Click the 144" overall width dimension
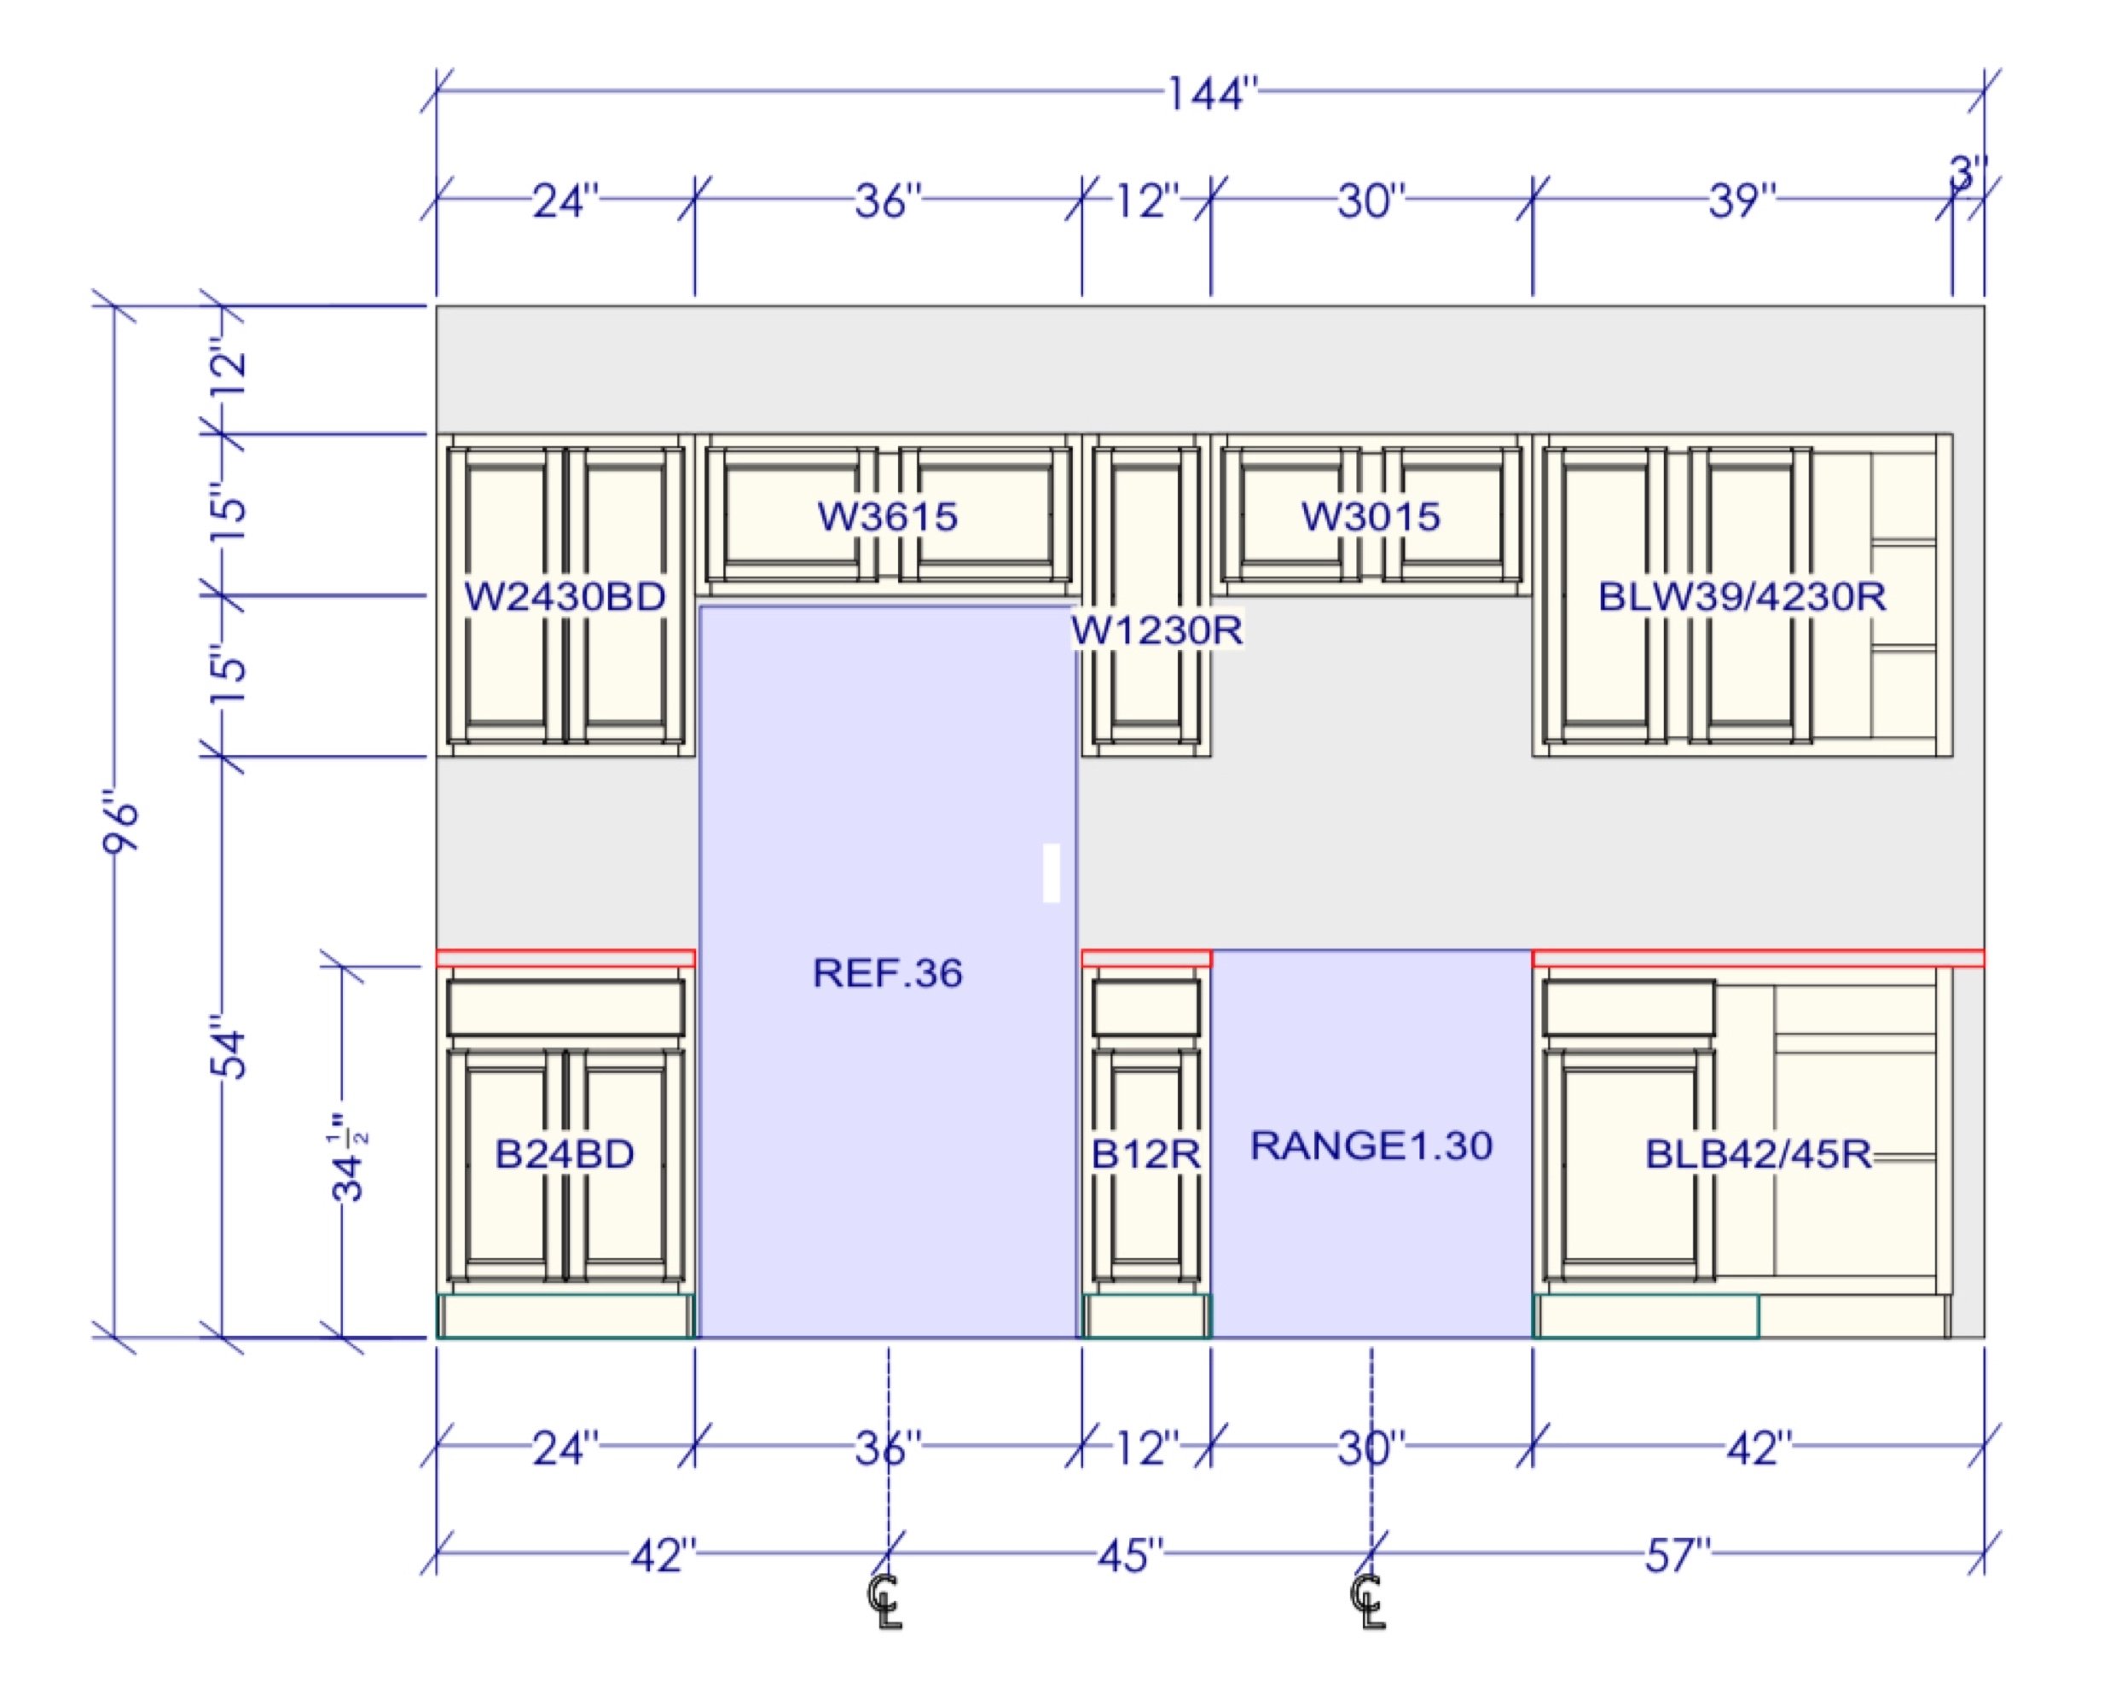(x=1211, y=96)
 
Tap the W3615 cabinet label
(x=887, y=517)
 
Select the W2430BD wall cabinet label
(x=565, y=596)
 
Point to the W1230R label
(x=1157, y=630)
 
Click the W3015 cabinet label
(x=1371, y=517)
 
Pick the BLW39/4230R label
(x=1742, y=596)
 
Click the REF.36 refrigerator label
(x=887, y=973)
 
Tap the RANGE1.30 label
(x=1371, y=1145)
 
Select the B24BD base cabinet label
(x=565, y=1154)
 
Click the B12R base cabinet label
(x=1145, y=1154)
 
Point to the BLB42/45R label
(x=1759, y=1154)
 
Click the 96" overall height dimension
(x=121, y=826)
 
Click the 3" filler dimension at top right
(x=1968, y=174)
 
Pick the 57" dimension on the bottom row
(x=1678, y=1556)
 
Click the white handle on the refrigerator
(x=1051, y=873)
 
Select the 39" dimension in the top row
(x=1742, y=200)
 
